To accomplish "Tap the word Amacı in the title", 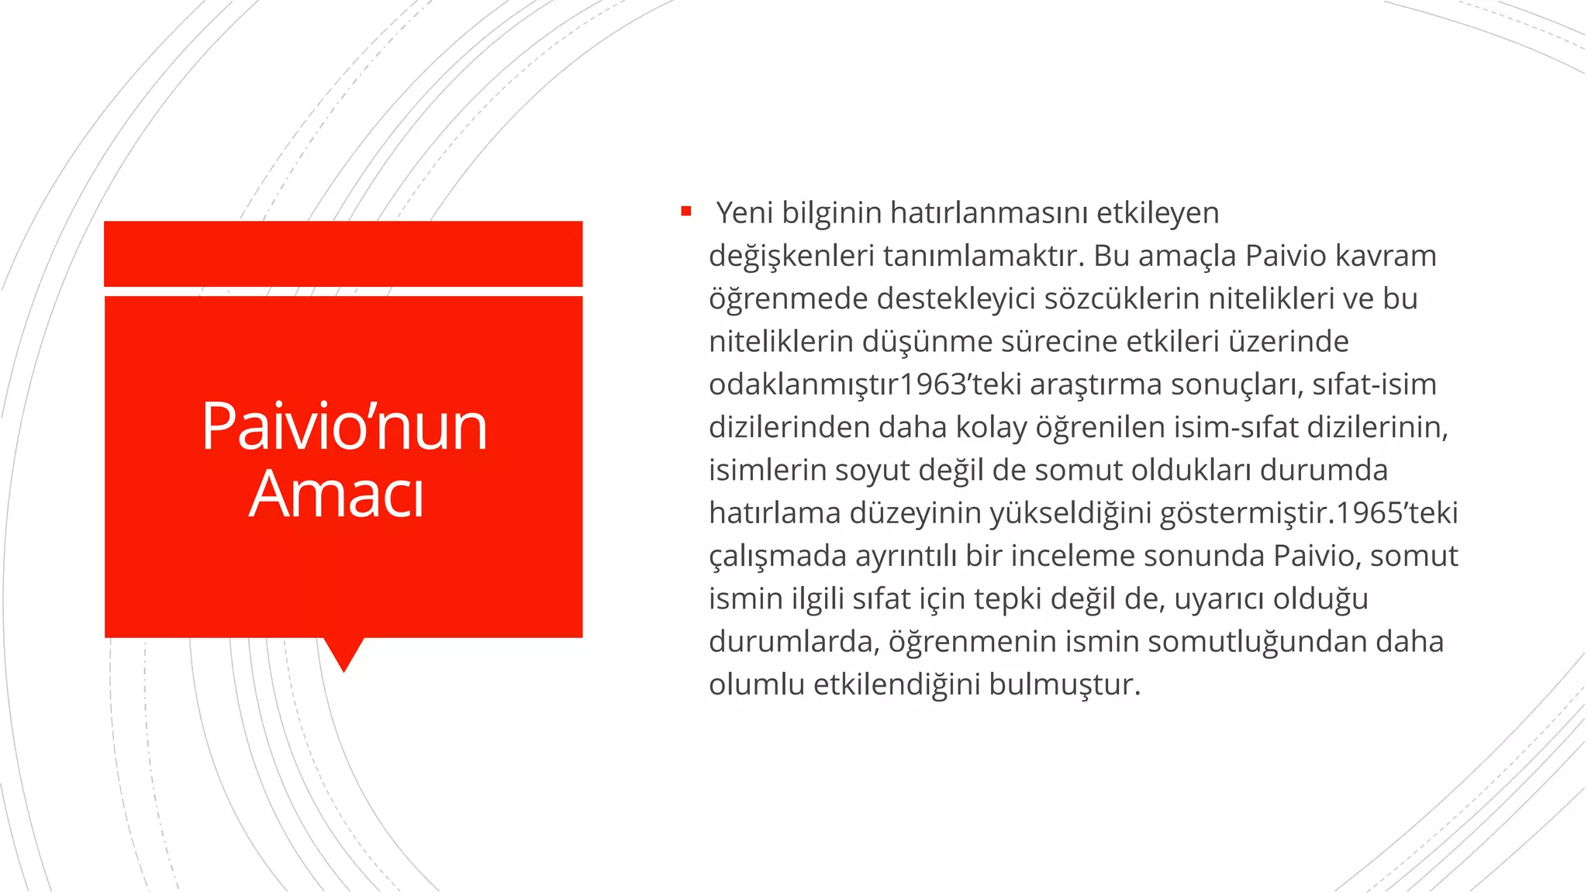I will (x=337, y=494).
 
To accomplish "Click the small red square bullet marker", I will (x=685, y=211).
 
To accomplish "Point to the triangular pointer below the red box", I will (x=343, y=653).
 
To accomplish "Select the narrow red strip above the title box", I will (x=343, y=253).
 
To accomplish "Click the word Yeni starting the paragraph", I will (x=744, y=212).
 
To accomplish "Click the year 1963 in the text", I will (x=928, y=384).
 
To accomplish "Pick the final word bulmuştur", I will (x=1065, y=684).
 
